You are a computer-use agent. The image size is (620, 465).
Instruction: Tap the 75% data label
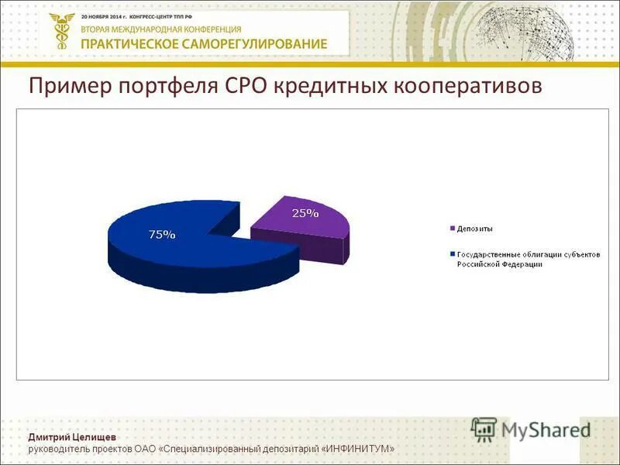pos(162,234)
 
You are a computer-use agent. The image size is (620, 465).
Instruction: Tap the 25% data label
pos(305,213)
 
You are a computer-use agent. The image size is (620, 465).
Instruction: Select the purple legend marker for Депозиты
pos(452,229)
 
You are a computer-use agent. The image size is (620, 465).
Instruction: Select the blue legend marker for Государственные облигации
pos(452,254)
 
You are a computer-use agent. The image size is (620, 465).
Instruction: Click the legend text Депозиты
pos(475,229)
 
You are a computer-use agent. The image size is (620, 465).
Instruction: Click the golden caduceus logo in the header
pos(59,32)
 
